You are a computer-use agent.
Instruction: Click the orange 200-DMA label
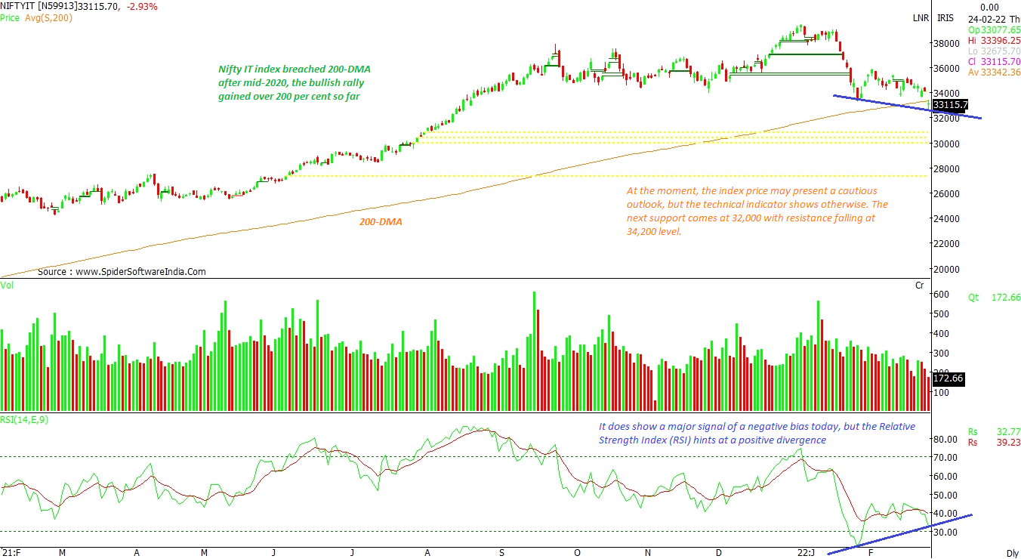[x=381, y=222]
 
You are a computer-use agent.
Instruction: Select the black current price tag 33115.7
[x=950, y=105]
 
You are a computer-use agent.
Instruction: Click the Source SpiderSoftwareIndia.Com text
[x=121, y=271]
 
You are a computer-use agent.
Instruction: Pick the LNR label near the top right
[x=920, y=17]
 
